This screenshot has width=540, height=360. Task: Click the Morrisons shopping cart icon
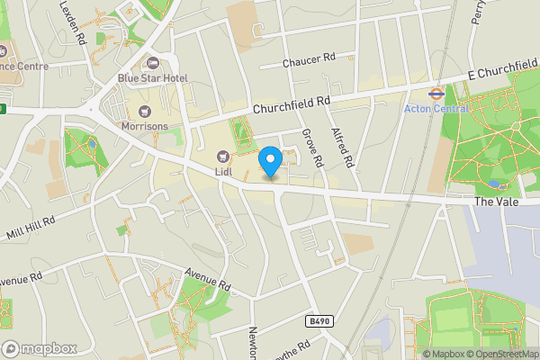(x=144, y=112)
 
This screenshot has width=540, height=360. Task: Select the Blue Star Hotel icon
(x=151, y=63)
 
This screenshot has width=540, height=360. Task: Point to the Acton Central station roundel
(x=436, y=92)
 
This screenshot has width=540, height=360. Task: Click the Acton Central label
(x=436, y=108)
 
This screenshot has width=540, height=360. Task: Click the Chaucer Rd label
(x=308, y=59)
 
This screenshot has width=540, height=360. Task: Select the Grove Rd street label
(x=312, y=147)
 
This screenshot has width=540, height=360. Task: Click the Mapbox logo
(x=39, y=348)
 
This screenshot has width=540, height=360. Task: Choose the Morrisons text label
(x=144, y=127)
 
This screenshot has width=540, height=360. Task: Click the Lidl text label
(x=224, y=171)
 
